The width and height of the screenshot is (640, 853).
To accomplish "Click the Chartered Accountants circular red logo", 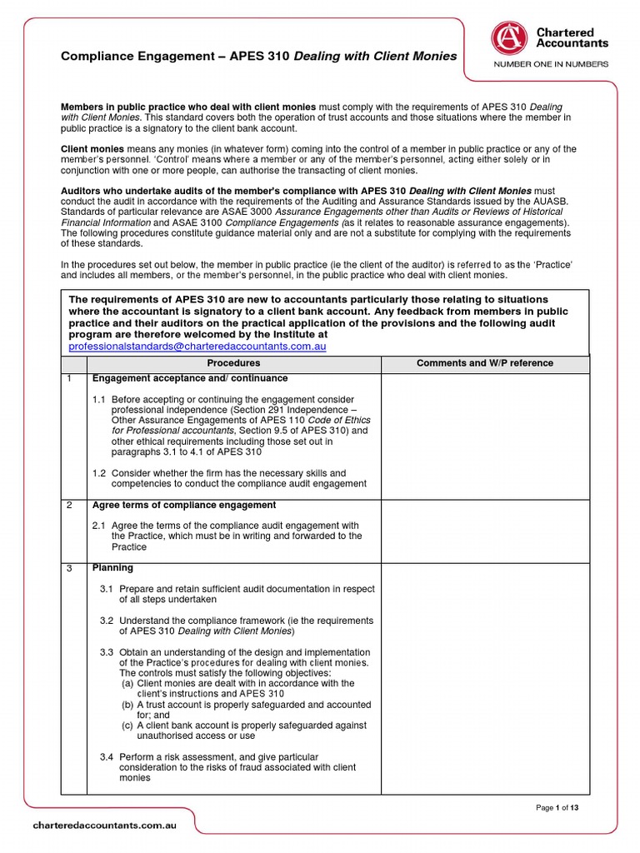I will click(506, 37).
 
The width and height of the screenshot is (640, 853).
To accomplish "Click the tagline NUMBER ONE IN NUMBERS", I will click(551, 64).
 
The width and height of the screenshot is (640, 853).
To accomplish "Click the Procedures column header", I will click(233, 363).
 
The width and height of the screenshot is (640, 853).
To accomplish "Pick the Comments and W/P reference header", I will click(484, 363).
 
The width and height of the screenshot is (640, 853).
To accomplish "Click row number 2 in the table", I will click(71, 506).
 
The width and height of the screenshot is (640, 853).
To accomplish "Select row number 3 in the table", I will click(71, 569).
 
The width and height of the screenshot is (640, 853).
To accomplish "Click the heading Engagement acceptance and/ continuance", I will click(177, 378).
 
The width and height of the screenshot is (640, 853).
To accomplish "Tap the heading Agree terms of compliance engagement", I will click(183, 506).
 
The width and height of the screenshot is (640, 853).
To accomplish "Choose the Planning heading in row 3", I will click(112, 568).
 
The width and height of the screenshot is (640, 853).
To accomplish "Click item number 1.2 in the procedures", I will click(99, 473).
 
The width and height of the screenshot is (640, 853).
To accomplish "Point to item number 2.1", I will click(99, 526).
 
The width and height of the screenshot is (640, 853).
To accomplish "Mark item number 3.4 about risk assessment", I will click(107, 757).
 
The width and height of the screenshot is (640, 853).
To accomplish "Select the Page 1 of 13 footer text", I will click(556, 807).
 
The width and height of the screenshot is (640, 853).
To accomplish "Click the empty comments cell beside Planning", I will click(484, 675).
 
